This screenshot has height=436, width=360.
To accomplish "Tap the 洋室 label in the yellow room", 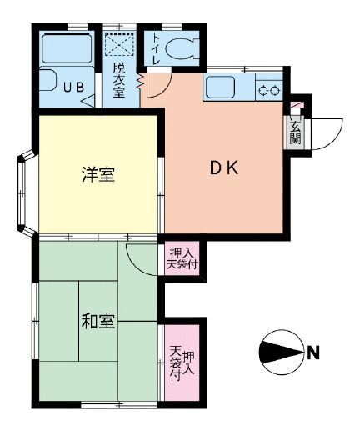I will tap(98, 175).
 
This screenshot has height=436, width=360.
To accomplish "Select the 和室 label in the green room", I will tap(98, 321).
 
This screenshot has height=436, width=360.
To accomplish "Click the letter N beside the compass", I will tap(313, 353).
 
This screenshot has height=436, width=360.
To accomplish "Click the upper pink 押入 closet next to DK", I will tap(182, 258).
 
